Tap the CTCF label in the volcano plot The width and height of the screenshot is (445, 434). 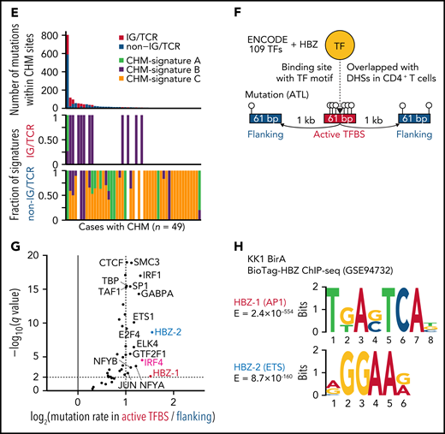click(x=110, y=263)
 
